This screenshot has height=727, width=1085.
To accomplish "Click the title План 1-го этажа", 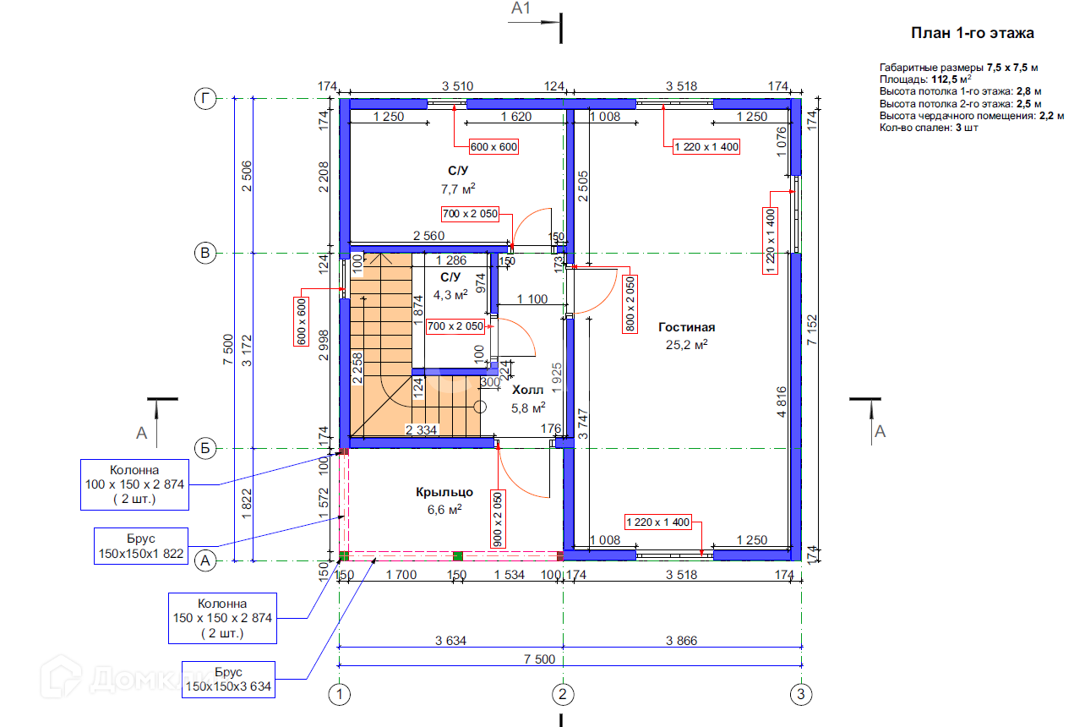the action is [972, 34].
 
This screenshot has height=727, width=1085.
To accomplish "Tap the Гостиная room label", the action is [687, 327].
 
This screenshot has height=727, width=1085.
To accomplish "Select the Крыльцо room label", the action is [444, 492].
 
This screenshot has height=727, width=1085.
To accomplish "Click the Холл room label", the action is [528, 390].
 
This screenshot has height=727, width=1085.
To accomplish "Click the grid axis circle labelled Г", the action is [204, 99].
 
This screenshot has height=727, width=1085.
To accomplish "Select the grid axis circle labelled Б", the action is [204, 448].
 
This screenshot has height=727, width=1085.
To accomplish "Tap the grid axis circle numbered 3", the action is [801, 695].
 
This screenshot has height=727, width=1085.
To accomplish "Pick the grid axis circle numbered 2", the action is [563, 695].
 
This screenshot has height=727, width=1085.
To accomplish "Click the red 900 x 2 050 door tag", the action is [498, 519].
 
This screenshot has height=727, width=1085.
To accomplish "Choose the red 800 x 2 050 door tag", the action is [630, 303].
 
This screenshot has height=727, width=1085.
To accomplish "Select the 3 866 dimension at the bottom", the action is [681, 641].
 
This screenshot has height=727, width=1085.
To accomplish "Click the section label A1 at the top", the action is [521, 9].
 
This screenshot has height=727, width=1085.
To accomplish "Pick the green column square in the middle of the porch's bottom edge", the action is [457, 555].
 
